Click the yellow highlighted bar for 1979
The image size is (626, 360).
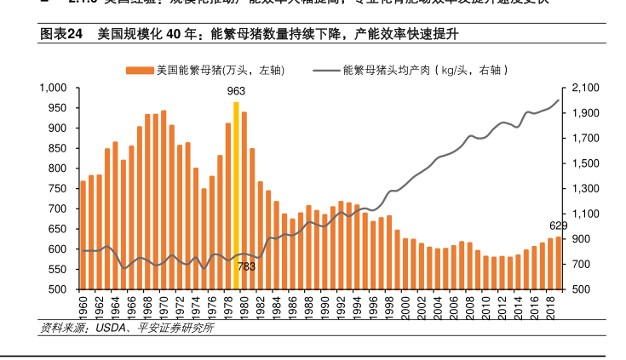(236, 196)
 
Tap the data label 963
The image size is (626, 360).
(236, 90)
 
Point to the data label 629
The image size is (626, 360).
(558, 226)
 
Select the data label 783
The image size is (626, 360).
(246, 266)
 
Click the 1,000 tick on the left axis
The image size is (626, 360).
(54, 88)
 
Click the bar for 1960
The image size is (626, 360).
(83, 235)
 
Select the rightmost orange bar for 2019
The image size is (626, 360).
(558, 263)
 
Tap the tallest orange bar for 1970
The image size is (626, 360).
(164, 200)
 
